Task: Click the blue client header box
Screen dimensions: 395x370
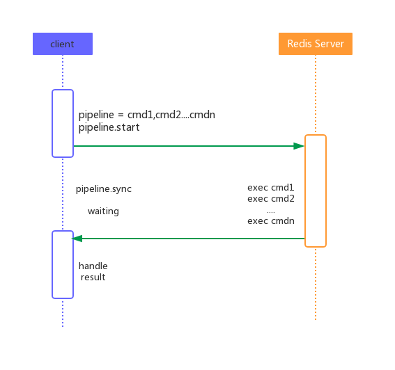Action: pyautogui.click(x=63, y=44)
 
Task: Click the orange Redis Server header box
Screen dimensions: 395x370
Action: pyautogui.click(x=316, y=44)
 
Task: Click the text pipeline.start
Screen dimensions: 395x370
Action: pyautogui.click(x=109, y=127)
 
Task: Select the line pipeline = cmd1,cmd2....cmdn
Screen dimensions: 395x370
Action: pyautogui.click(x=147, y=115)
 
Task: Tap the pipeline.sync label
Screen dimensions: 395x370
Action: pyautogui.click(x=104, y=189)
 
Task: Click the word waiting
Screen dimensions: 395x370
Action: pyautogui.click(x=103, y=211)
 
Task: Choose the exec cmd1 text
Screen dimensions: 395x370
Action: pyautogui.click(x=271, y=187)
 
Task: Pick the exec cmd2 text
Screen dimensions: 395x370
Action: pyautogui.click(x=271, y=198)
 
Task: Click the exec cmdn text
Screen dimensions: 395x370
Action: pyautogui.click(x=271, y=221)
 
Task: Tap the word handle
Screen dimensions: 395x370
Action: pyautogui.click(x=93, y=266)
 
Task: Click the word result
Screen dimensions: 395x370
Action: pyautogui.click(x=93, y=277)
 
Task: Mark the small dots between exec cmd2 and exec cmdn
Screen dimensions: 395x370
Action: pyautogui.click(x=271, y=212)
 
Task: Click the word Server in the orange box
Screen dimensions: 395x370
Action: pyautogui.click(x=330, y=44)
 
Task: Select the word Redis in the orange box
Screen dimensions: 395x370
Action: pyautogui.click(x=300, y=44)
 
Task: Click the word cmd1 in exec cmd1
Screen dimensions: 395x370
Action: pyautogui.click(x=282, y=187)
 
